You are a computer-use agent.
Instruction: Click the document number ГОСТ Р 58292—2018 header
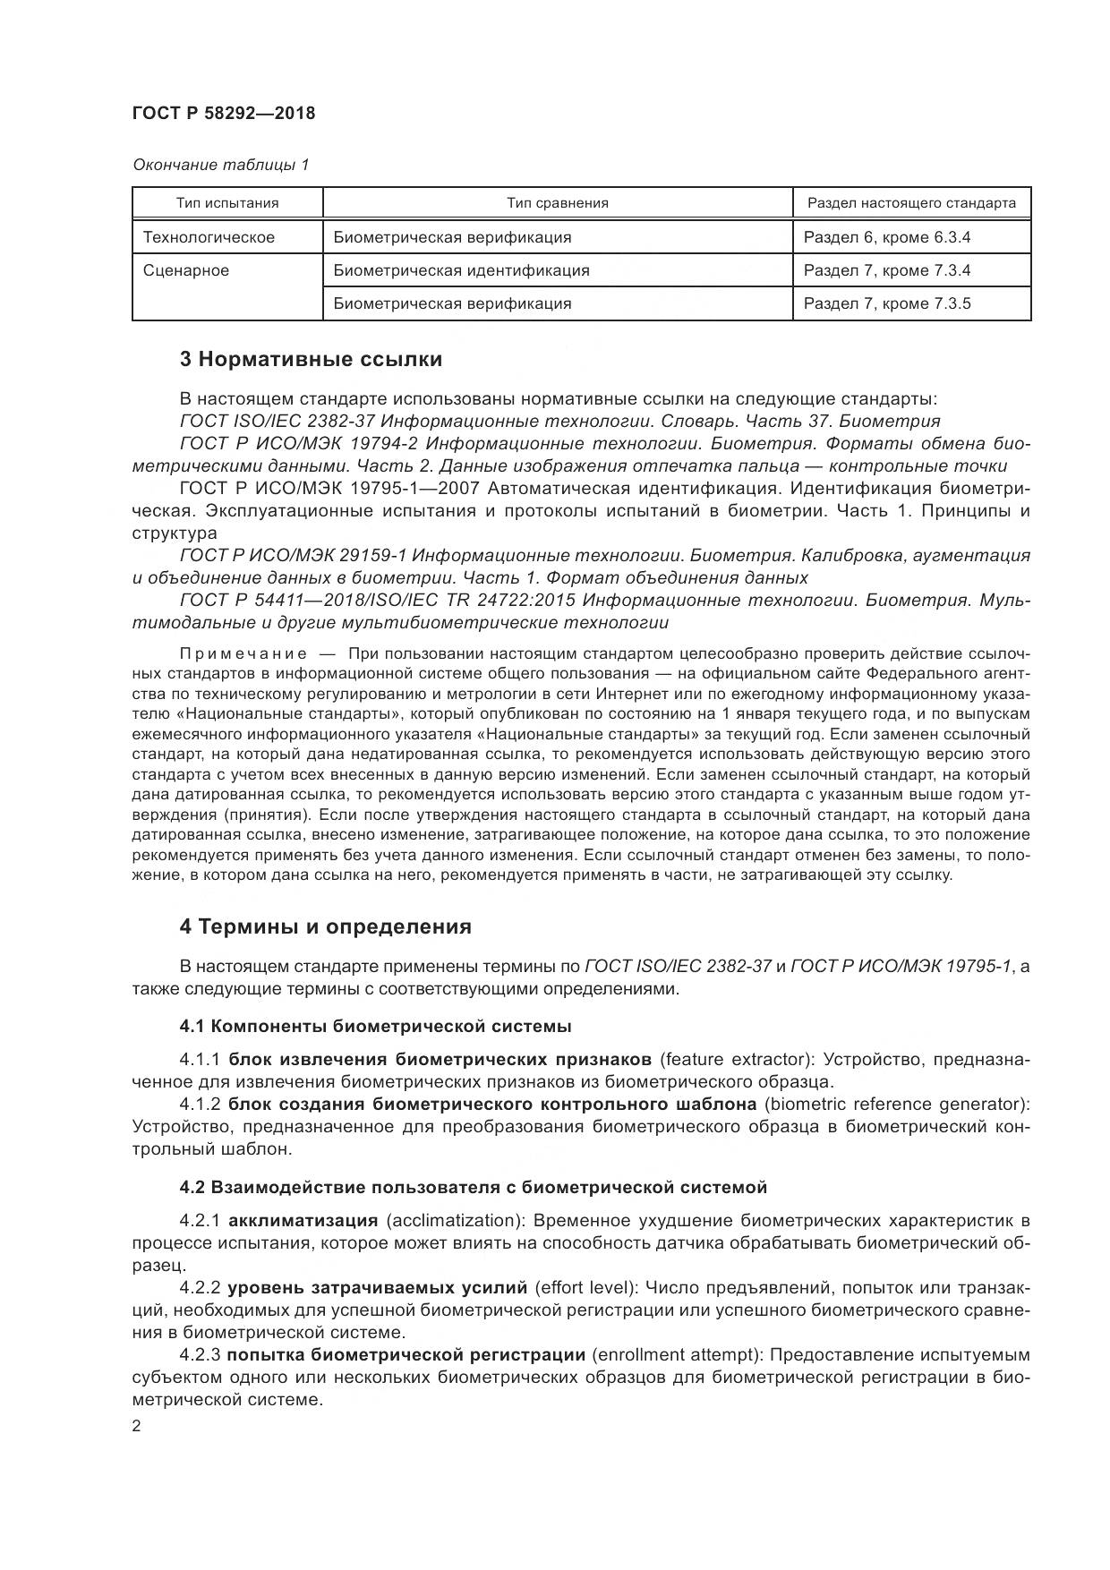click(223, 114)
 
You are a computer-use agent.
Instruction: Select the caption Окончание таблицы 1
click(220, 165)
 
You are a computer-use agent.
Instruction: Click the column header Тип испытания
click(227, 203)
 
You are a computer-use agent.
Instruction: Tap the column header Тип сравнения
click(557, 203)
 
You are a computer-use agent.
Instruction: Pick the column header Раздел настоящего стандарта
click(911, 203)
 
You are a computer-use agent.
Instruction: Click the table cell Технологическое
click(209, 237)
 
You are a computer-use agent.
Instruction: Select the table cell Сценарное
click(186, 270)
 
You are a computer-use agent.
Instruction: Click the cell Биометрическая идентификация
click(461, 270)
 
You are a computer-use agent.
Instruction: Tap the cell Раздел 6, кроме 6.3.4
click(887, 237)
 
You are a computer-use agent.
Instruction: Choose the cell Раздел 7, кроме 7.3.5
click(887, 303)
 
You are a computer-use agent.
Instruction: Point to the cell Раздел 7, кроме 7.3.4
click(887, 270)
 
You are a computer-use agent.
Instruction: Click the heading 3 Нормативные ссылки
click(311, 360)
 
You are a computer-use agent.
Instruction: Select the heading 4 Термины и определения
click(325, 926)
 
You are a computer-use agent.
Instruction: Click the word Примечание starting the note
click(243, 653)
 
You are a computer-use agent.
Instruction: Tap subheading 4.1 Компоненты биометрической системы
click(375, 1026)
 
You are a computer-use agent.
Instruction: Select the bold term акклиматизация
click(303, 1221)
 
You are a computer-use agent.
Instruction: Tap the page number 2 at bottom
click(136, 1427)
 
